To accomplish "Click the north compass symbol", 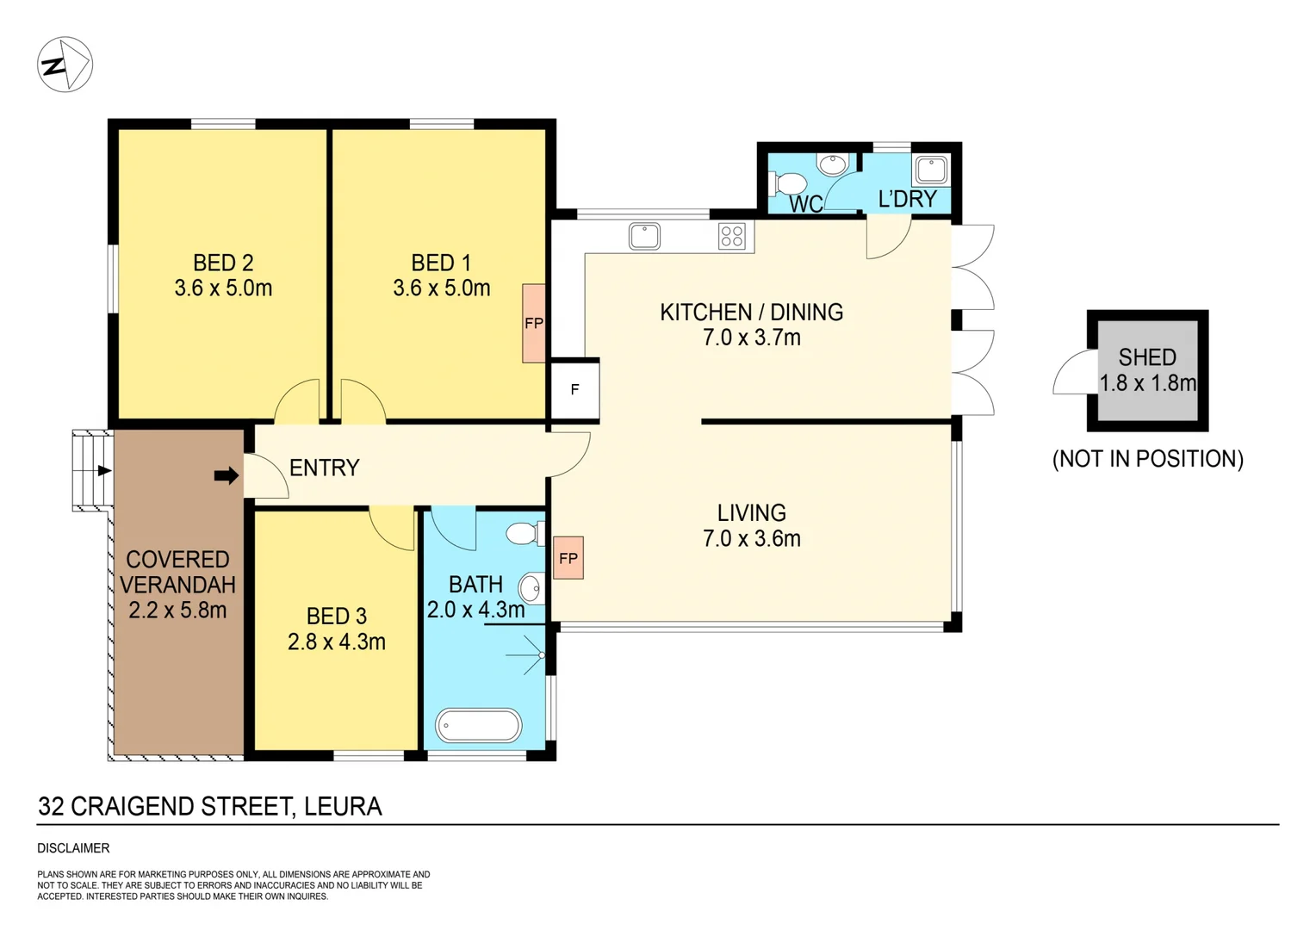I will click(65, 65).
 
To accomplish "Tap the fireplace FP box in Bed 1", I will click(534, 323).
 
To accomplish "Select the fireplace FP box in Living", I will click(568, 558).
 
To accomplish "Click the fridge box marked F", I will click(574, 389).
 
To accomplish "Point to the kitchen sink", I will click(644, 236).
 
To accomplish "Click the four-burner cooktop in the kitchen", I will click(732, 236).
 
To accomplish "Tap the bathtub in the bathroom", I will click(479, 726).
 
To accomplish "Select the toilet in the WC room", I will click(788, 183).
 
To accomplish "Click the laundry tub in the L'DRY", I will click(931, 169).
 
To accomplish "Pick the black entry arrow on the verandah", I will click(226, 475).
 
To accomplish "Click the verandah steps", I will click(92, 471).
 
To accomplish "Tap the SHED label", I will click(1147, 357).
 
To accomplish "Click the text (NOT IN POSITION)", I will click(1147, 459).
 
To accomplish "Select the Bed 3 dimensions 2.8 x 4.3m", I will click(336, 642).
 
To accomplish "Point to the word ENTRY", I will click(324, 468).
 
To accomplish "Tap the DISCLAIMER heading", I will click(73, 848).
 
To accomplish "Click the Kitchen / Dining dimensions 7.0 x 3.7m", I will click(751, 338).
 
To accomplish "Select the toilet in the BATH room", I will click(523, 534).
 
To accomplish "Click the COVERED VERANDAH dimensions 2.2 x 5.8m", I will click(177, 611).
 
